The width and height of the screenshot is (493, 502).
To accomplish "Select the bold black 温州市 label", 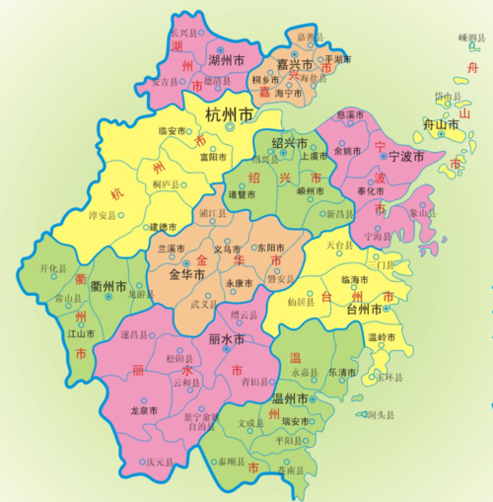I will [293, 399].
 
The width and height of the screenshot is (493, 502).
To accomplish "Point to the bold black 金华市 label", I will [187, 274].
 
